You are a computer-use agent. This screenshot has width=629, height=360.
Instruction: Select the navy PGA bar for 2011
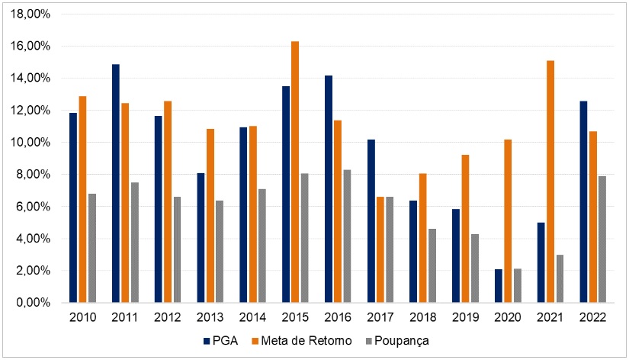[x=115, y=183]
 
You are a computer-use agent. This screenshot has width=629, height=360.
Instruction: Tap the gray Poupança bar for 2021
[x=559, y=278]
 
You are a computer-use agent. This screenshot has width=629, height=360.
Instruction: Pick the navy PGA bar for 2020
[x=499, y=286]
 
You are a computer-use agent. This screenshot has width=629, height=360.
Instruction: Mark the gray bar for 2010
[x=91, y=248]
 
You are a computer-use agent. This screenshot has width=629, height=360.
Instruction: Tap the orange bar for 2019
[x=465, y=228]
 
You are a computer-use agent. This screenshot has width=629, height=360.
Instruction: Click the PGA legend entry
[x=221, y=339]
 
